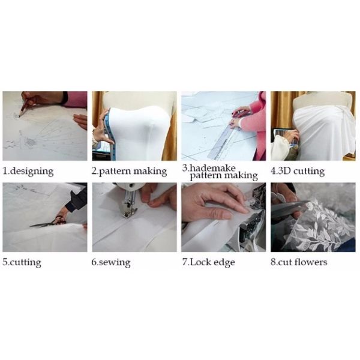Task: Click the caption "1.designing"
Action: click(28, 172)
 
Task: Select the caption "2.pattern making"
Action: click(129, 172)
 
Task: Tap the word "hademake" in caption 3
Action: click(212, 168)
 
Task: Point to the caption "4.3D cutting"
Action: click(298, 172)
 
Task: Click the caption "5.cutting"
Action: click(22, 262)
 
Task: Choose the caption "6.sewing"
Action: click(111, 262)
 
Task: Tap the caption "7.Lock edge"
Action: click(208, 262)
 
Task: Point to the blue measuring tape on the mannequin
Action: click(110, 136)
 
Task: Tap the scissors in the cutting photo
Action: click(49, 222)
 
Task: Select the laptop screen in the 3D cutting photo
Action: click(284, 137)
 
